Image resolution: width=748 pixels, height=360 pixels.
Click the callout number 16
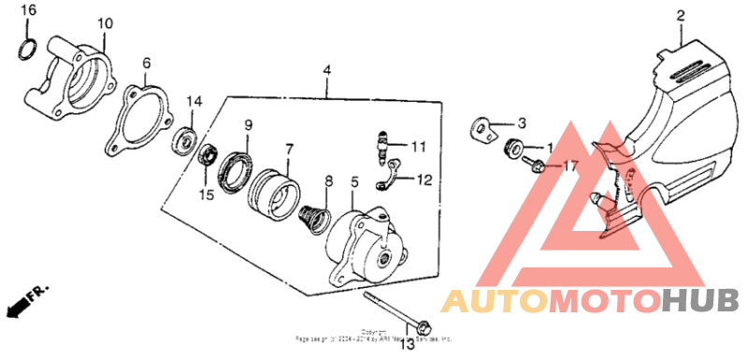[29, 9]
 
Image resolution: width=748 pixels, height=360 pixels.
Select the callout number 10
[104, 22]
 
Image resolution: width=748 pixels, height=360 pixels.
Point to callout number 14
[194, 101]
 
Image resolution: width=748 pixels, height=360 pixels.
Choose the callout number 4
[327, 70]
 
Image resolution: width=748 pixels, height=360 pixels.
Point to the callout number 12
[424, 178]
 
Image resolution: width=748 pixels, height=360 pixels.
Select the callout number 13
[408, 346]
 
